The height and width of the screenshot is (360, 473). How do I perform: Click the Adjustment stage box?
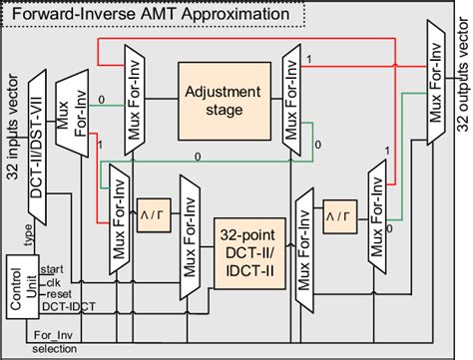[x=221, y=100]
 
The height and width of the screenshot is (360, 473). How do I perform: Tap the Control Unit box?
[x=22, y=286]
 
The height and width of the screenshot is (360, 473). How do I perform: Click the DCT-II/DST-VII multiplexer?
[x=39, y=130]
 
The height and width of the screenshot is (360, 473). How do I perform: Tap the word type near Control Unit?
[x=29, y=235]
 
